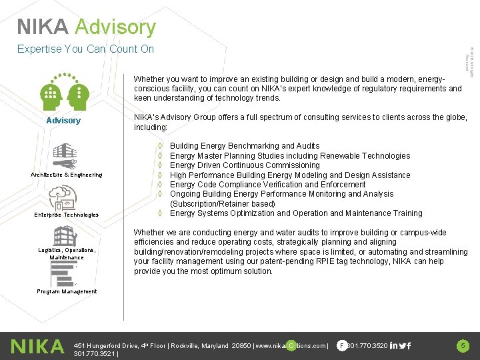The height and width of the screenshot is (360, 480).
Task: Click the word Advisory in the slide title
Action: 115,27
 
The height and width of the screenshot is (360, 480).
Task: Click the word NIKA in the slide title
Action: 43,27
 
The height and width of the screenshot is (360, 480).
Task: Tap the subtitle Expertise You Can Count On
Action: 85,49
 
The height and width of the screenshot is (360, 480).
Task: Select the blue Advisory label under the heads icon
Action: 63,121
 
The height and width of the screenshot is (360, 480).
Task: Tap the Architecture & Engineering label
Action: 67,175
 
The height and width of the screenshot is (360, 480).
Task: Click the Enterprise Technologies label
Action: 67,215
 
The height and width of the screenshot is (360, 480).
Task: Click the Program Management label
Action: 67,291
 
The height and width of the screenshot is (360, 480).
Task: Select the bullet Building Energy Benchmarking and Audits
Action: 235,146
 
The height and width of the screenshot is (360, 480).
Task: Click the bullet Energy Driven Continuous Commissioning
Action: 235,165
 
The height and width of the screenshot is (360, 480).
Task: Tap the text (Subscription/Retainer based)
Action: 222,204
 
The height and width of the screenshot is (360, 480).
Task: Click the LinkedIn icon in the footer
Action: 395,345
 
